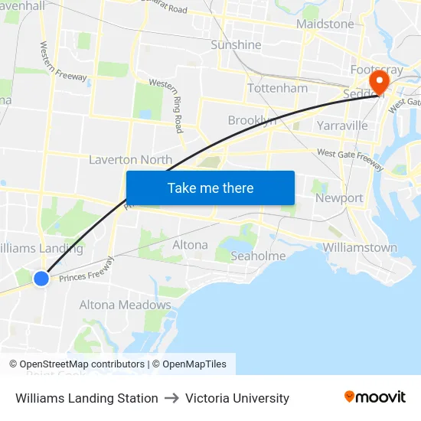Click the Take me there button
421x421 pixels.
pos(210,188)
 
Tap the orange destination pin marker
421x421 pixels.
pos(377,82)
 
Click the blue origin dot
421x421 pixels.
pos(41,279)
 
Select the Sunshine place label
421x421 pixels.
pos(236,44)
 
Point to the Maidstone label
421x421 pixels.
pos(325,24)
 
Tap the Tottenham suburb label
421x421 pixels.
pos(277,88)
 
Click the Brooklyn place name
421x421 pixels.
pos(252,120)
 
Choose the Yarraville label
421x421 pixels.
pos(341,125)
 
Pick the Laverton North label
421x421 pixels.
pos(130,159)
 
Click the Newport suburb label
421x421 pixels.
pos(339,197)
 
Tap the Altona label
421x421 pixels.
pos(190,245)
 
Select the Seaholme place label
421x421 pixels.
pos(258,256)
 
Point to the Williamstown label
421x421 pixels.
pos(360,247)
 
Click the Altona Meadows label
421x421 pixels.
pos(126,305)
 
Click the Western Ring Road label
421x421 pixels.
pos(168,104)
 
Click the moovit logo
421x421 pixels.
pos(374,397)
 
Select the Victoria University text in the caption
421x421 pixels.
pos(237,398)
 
